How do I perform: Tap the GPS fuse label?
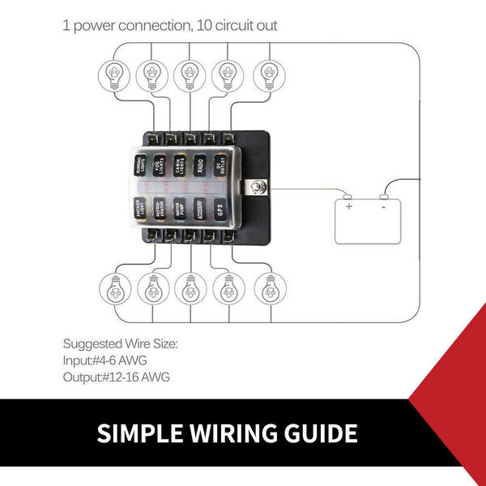220,209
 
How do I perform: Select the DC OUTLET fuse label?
220,165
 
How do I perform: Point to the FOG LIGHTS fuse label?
160,165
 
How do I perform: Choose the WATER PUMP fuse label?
180,209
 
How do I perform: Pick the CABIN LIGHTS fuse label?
180,165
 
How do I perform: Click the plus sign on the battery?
349,207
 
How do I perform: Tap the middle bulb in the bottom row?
190,288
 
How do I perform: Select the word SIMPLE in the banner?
135,433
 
